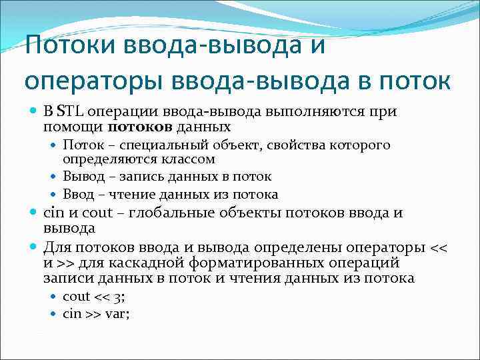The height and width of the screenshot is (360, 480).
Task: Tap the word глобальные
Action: coord(174,213)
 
